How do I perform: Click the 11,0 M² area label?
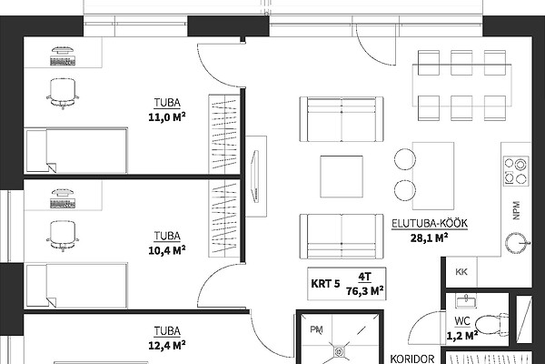[x=167, y=117]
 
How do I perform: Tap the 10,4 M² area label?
[x=167, y=250]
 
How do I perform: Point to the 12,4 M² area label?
[x=167, y=345]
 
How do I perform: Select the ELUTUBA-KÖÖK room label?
[x=430, y=223]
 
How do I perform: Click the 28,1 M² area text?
[x=429, y=238]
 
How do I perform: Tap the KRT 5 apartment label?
[x=325, y=284]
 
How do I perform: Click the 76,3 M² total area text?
[x=365, y=290]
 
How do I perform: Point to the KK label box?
[x=461, y=272]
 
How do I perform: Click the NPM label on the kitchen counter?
[x=517, y=210]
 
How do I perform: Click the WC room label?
[x=462, y=321]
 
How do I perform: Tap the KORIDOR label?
[x=412, y=359]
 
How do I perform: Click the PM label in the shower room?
[x=316, y=329]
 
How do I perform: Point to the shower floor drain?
[x=339, y=351]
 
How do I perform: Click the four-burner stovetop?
[x=516, y=171]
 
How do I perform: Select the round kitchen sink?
[x=517, y=243]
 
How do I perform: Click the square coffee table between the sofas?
[x=342, y=177]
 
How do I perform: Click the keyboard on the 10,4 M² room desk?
[x=63, y=204]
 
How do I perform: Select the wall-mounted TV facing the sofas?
[x=256, y=176]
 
